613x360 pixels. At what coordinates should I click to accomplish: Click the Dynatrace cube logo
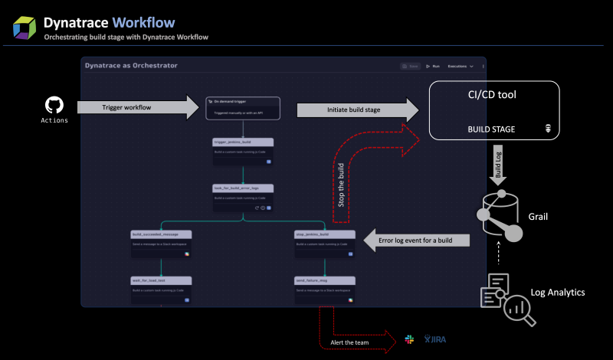coord(25,27)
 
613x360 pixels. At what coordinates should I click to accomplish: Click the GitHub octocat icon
coord(54,105)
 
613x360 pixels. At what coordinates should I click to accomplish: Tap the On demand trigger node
coord(243,107)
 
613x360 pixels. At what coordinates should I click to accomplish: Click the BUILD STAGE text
coord(491,129)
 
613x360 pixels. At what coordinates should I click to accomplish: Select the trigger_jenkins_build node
coord(243,152)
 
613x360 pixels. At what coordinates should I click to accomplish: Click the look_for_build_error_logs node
coord(243,197)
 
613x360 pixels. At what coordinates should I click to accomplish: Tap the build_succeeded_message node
coord(161,243)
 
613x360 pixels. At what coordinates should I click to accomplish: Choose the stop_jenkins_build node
coord(324,243)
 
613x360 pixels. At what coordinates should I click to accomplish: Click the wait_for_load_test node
coord(161,290)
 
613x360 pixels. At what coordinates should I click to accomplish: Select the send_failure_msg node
coord(324,290)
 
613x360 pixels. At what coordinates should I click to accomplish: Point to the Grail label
coord(538,217)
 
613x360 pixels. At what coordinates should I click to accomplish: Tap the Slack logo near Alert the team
coord(409,339)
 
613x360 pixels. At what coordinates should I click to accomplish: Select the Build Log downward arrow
coord(497,163)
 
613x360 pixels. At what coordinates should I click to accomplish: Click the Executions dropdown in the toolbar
coord(461,67)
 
